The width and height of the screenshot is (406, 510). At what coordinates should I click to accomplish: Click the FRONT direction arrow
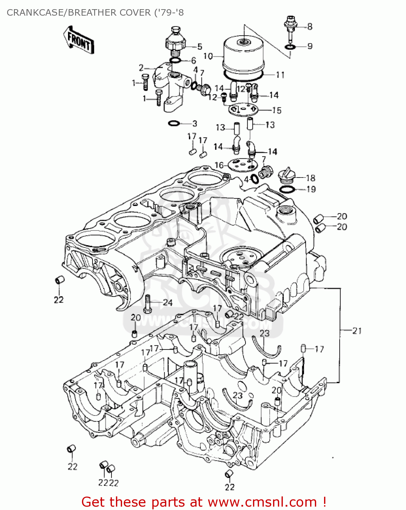point(78,40)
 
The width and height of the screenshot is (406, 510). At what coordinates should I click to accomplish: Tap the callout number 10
point(208,56)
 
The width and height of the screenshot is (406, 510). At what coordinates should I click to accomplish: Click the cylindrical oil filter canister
point(243,54)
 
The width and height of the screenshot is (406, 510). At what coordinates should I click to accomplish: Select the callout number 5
point(200,47)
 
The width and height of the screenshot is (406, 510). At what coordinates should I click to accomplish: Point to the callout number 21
point(357,330)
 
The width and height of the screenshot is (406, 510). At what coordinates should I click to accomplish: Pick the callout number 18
point(310,178)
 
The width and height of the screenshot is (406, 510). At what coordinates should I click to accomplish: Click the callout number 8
point(309,27)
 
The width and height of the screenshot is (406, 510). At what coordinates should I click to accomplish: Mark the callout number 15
point(277,111)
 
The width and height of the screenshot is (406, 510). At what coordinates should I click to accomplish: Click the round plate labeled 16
point(242,165)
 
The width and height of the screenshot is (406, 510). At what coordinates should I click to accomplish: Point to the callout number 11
point(280,75)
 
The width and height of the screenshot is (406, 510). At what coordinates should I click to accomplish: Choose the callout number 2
point(141,68)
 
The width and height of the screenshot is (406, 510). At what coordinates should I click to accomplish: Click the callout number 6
point(193,61)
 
